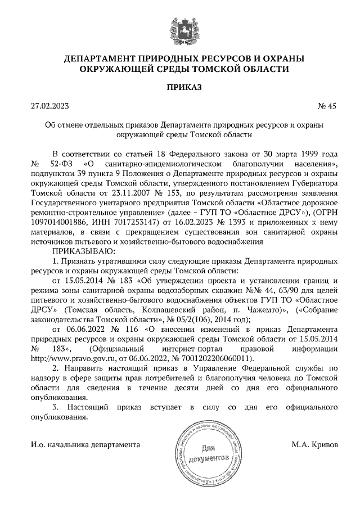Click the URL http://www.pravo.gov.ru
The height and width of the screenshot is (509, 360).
click(x=70, y=357)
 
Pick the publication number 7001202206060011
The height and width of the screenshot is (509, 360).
click(x=218, y=357)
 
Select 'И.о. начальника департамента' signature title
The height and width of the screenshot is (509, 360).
click(x=84, y=444)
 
